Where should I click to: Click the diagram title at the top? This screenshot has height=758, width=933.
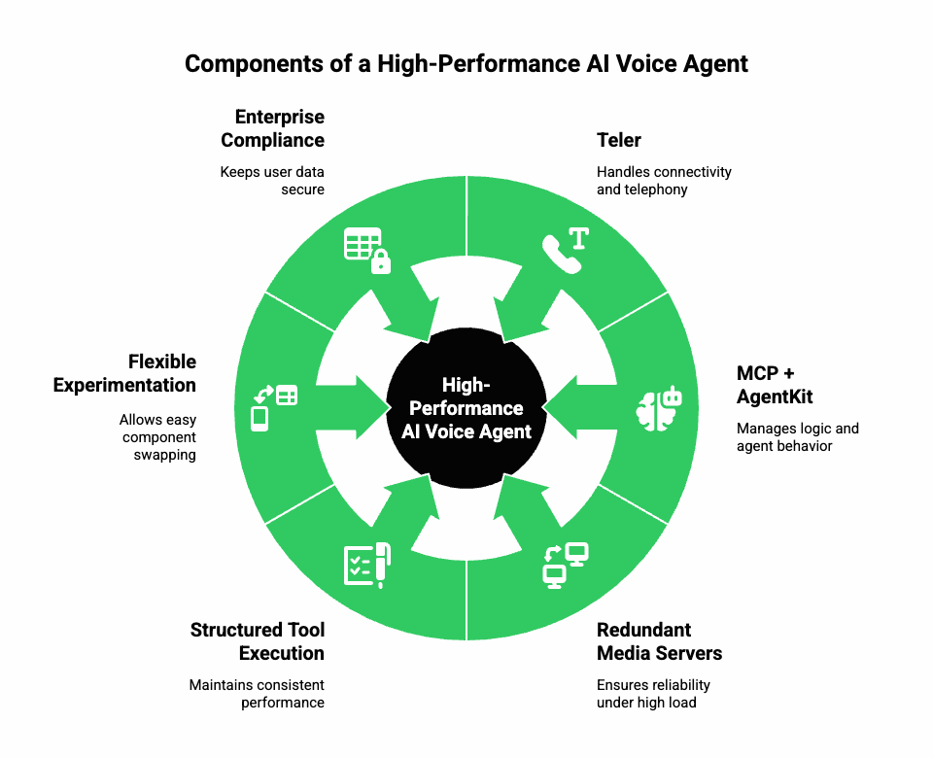pos(466,64)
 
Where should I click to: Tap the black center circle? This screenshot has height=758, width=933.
pos(466,407)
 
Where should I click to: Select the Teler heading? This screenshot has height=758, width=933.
pos(619,140)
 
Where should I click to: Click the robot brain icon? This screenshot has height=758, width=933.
pos(660,407)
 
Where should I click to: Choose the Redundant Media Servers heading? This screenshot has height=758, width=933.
pos(659,641)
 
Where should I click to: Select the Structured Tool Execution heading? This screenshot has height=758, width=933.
pos(258,641)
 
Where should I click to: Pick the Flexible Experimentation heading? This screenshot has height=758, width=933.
pos(125,373)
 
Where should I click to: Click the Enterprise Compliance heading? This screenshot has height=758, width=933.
pos(273,128)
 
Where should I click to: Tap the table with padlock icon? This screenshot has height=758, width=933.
pos(367,250)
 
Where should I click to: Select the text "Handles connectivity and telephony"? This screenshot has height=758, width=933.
pos(664,181)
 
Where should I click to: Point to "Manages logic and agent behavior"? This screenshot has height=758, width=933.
pos(797,437)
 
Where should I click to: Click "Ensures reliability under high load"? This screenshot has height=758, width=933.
pos(653,694)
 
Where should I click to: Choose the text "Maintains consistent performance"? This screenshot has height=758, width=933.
pos(258,694)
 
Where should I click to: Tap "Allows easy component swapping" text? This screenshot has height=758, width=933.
pos(157,437)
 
